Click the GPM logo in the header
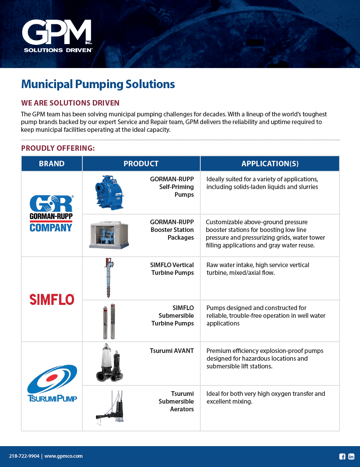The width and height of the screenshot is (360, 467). pyautogui.click(x=57, y=36)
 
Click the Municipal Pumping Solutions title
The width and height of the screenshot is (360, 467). pyautogui.click(x=98, y=84)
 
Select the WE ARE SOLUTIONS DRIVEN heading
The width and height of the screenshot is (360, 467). pyautogui.click(x=70, y=103)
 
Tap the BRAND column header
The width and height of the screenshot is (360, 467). pyautogui.click(x=52, y=164)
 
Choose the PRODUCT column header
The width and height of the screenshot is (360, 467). pyautogui.click(x=141, y=164)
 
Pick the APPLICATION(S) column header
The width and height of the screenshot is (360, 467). pyautogui.click(x=270, y=164)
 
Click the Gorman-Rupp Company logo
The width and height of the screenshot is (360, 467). pyautogui.click(x=51, y=214)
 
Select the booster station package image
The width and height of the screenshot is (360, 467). pyautogui.click(x=109, y=235)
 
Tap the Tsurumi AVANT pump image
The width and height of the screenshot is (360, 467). pyautogui.click(x=109, y=363)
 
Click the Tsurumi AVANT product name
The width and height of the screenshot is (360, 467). pyautogui.click(x=172, y=351)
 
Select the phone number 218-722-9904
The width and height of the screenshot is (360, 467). pyautogui.click(x=24, y=456)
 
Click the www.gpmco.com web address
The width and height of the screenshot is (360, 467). pyautogui.click(x=63, y=456)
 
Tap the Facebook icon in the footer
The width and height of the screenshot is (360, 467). pyautogui.click(x=342, y=457)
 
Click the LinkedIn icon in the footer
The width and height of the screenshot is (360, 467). pyautogui.click(x=351, y=457)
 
